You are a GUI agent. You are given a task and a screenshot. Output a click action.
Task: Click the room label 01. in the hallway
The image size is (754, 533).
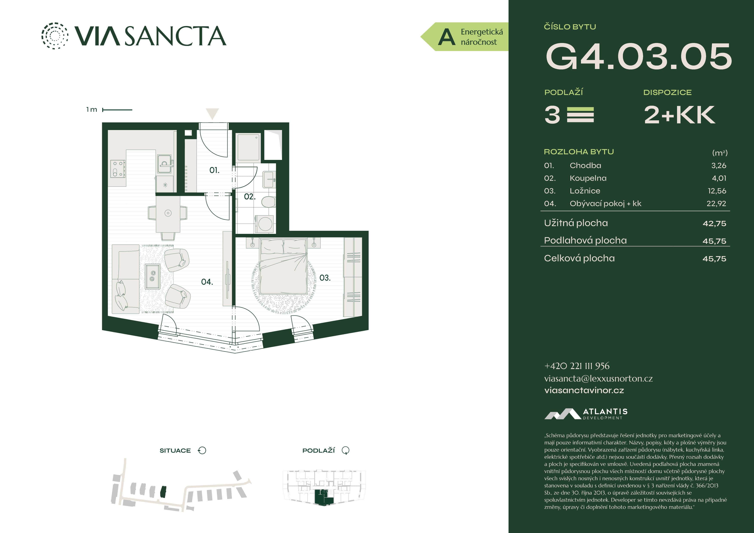tap(214, 170)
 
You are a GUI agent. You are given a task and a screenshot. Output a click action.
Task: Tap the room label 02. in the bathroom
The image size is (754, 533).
tap(250, 196)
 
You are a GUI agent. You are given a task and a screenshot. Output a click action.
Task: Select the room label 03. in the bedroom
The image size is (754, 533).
tap(325, 278)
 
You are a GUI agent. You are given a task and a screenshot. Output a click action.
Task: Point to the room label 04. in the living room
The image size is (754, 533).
tap(207, 282)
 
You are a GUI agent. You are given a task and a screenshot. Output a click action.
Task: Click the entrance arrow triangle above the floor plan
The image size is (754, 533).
tap(212, 113)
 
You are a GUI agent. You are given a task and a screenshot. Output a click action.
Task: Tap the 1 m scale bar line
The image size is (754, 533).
tap(117, 110)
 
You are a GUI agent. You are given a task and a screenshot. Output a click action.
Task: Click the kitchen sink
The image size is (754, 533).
tap(164, 164)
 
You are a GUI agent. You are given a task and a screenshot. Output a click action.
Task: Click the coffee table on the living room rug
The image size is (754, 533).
tap(152, 276)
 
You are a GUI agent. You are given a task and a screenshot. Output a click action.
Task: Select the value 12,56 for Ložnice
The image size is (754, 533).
tap(717, 191)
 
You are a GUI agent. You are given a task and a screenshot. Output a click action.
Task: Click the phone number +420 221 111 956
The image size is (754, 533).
tap(577, 366)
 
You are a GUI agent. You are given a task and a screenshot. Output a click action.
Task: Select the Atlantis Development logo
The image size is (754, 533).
tap(586, 414)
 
